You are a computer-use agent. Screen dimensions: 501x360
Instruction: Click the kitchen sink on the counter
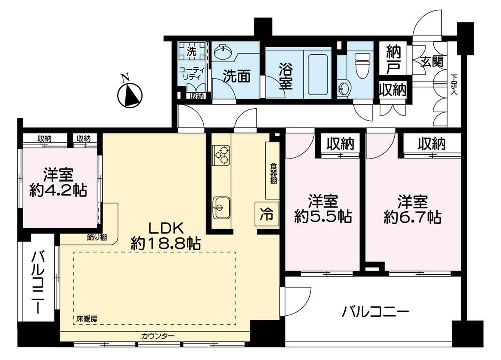(221, 207)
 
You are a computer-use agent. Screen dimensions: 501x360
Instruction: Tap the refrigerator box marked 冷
(266, 214)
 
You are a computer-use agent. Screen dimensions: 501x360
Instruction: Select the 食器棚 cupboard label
(273, 173)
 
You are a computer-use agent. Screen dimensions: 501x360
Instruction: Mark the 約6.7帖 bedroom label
(412, 209)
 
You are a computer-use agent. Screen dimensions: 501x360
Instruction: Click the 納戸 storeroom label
(393, 59)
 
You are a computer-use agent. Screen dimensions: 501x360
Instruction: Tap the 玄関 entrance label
(432, 61)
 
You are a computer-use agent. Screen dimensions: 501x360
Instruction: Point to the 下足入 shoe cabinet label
(454, 84)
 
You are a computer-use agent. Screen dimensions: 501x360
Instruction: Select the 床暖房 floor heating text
(87, 319)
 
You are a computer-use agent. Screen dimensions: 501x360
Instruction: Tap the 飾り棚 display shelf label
(97, 237)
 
